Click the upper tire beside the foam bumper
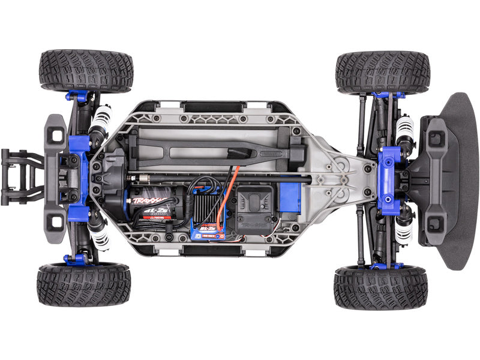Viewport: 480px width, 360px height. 383,72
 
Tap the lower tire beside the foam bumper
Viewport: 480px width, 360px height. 380,287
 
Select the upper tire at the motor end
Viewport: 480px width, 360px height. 86,70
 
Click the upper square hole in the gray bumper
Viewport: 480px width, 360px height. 57,135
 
